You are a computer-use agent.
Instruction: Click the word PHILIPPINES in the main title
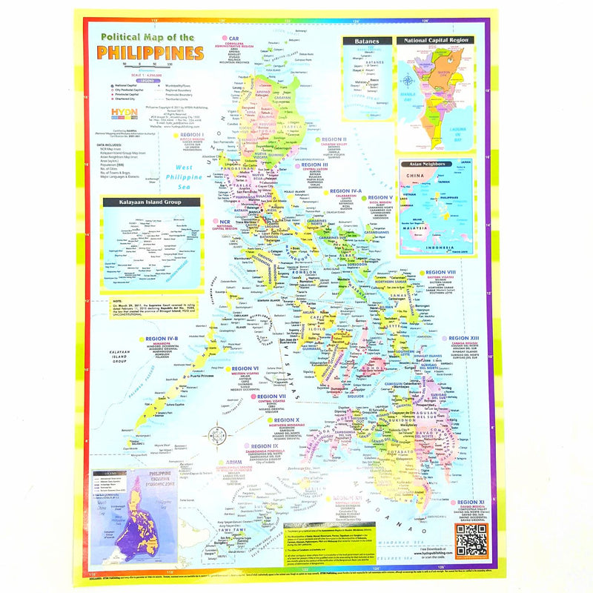coord(150,53)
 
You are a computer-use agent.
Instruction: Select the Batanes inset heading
coord(367,43)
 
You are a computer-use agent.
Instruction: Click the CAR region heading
coord(232,39)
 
